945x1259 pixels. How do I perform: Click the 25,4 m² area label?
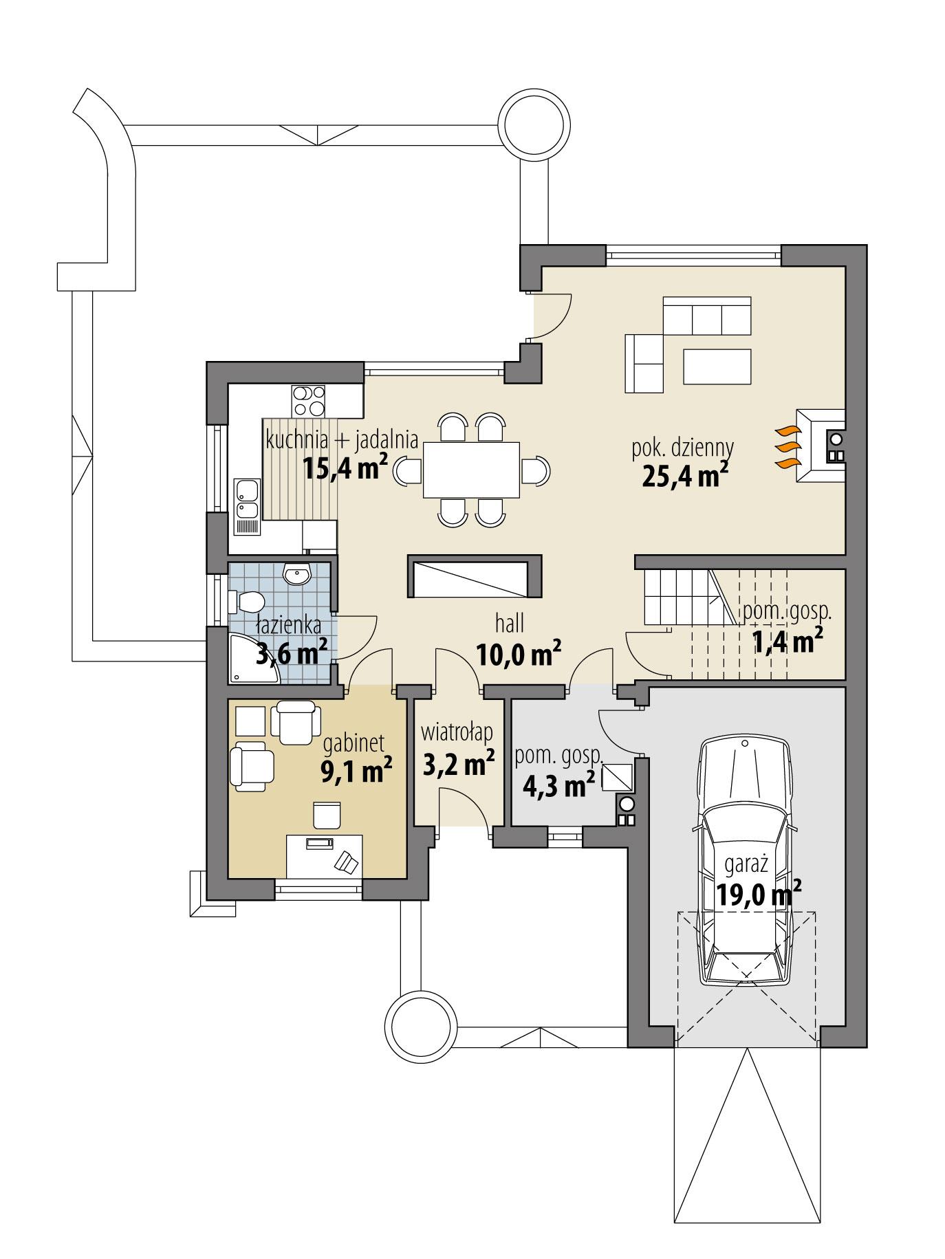(684, 475)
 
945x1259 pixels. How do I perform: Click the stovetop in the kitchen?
(308, 401)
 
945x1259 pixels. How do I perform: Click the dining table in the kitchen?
(470, 470)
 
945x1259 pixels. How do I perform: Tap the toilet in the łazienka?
(248, 602)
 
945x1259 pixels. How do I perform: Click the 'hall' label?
(510, 624)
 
